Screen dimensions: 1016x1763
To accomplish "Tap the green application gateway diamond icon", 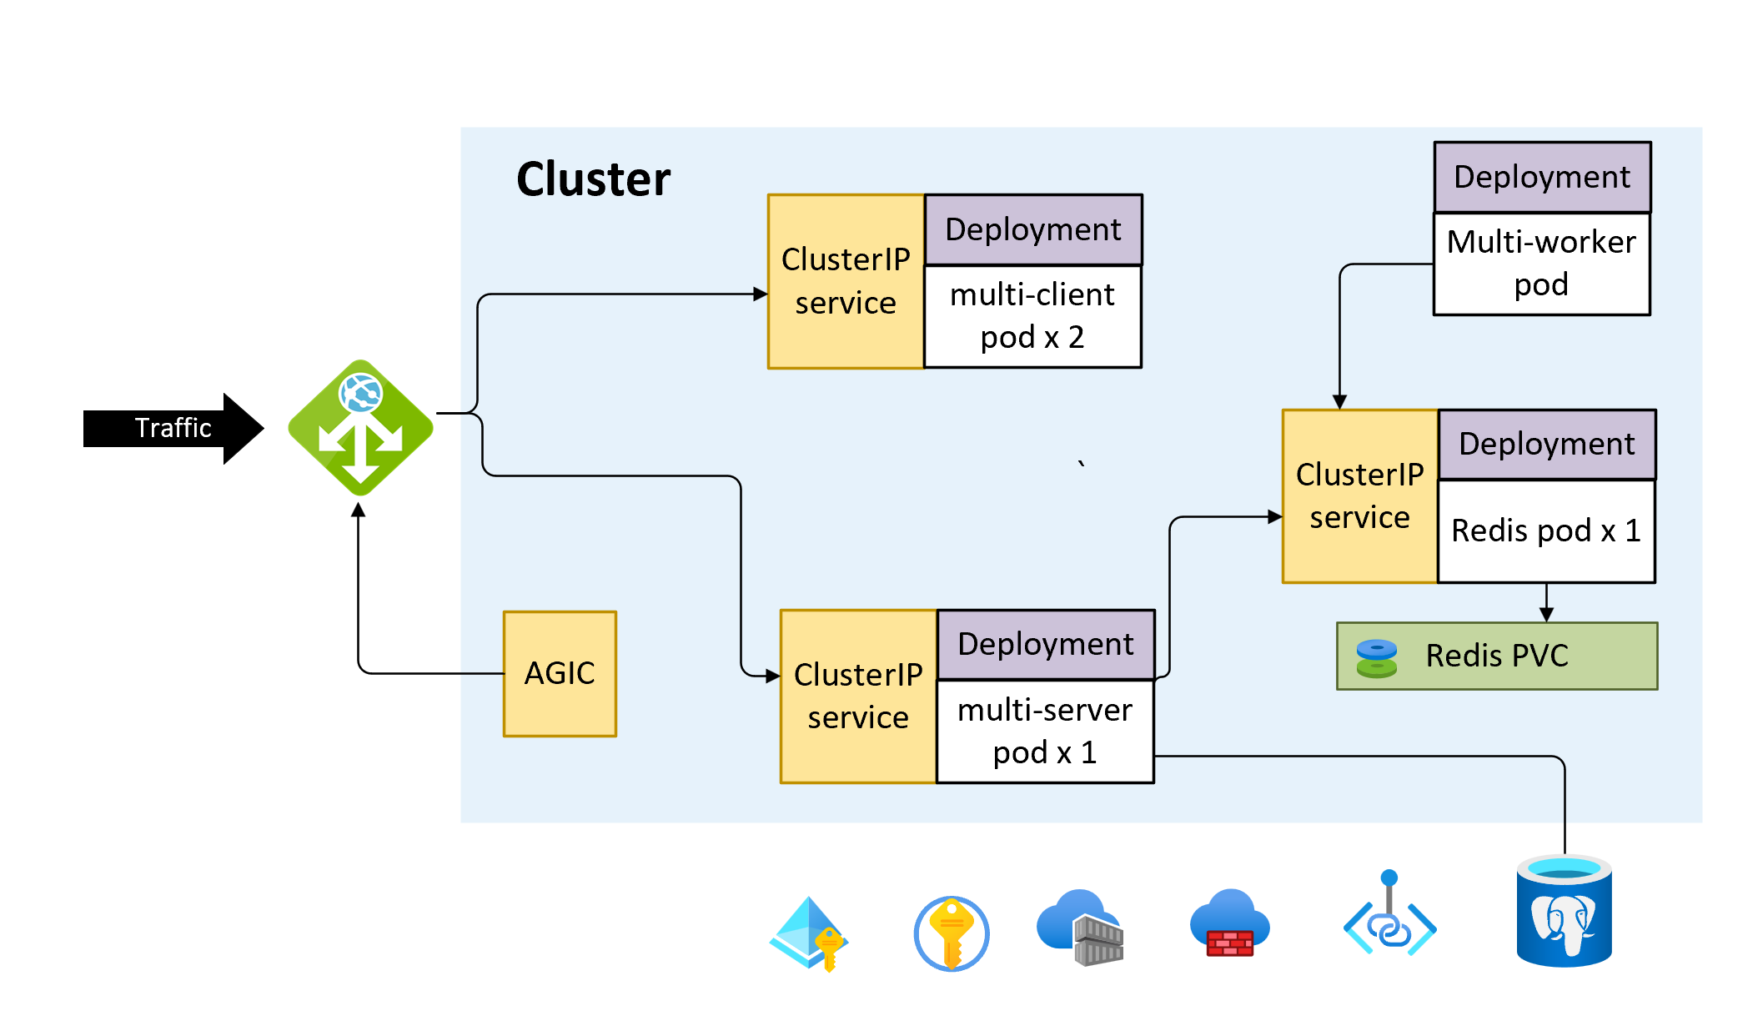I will (x=360, y=427).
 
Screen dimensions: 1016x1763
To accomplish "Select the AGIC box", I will (x=560, y=673).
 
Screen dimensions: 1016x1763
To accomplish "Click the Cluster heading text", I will (x=593, y=179).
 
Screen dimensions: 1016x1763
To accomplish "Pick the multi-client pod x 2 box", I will (x=1032, y=316).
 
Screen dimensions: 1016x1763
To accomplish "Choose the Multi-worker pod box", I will (x=1541, y=264).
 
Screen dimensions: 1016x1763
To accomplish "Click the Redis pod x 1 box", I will (x=1546, y=531).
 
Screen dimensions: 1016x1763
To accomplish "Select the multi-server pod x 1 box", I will (x=1045, y=732).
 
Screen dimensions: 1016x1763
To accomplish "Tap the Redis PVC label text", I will (x=1497, y=656).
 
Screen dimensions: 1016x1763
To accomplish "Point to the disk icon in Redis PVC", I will (x=1377, y=658).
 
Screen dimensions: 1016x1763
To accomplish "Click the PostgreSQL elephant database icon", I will (x=1564, y=913).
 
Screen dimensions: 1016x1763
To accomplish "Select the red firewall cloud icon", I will (x=1229, y=924).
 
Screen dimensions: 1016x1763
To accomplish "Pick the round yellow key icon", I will (x=951, y=933).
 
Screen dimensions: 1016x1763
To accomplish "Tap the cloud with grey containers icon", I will (x=1081, y=927).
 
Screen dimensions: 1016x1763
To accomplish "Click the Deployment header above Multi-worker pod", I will (x=1542, y=177).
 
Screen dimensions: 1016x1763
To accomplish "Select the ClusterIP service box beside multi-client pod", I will (x=846, y=281).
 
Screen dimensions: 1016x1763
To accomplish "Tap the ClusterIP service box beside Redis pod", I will (x=1359, y=496).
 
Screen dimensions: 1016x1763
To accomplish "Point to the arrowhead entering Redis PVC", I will (x=1546, y=615).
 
